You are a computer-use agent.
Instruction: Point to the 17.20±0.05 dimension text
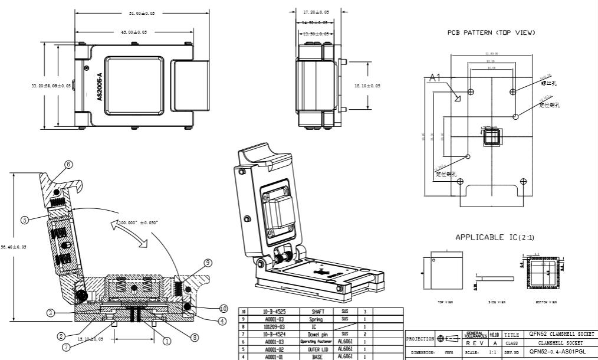pyautogui.click(x=316, y=12)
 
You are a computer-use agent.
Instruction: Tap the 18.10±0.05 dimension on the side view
pyautogui.click(x=367, y=86)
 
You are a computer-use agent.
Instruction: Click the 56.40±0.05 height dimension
pyautogui.click(x=14, y=247)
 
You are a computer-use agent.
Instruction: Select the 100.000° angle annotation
pyautogui.click(x=137, y=222)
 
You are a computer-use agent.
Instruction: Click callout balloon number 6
pyautogui.click(x=68, y=164)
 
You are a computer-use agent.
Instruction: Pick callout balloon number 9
pyautogui.click(x=208, y=262)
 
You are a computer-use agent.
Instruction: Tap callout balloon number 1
pyautogui.click(x=166, y=340)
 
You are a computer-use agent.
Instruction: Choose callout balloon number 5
pyautogui.click(x=25, y=220)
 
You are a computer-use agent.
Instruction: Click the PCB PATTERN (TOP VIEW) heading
pyautogui.click(x=491, y=33)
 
